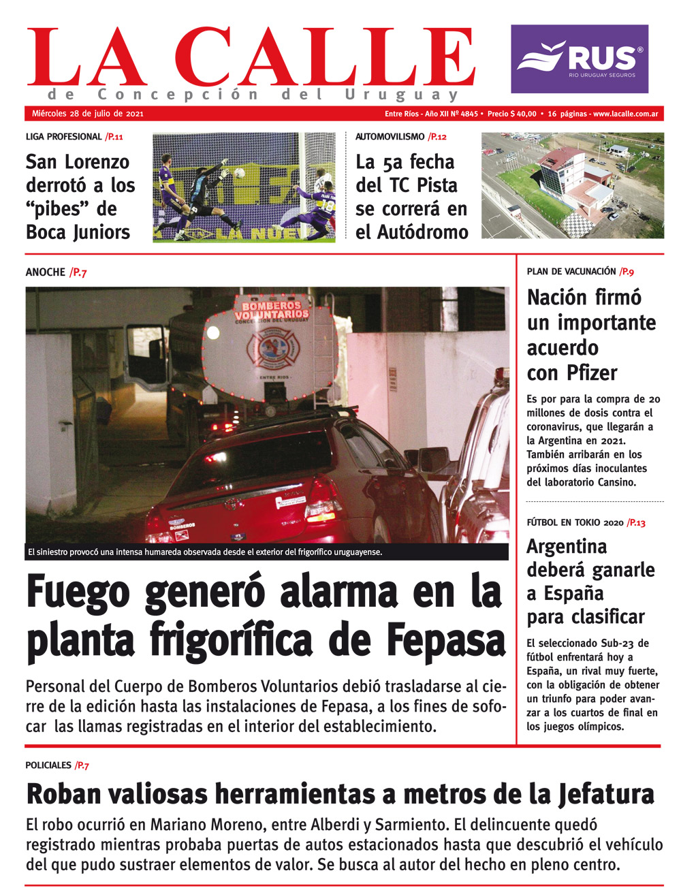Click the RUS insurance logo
pos(580,59)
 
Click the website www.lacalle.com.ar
pos(625,114)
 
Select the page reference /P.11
pos(114,137)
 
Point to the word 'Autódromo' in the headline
pos(422,232)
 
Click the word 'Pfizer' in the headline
pos(591,372)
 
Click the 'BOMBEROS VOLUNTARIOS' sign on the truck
pos(272,311)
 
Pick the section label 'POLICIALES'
pos(48,765)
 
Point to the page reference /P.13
pos(636,522)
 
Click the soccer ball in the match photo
pos(239,173)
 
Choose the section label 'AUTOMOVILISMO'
pos(390,137)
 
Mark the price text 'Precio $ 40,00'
pos(512,114)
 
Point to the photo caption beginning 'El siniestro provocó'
pos(204,552)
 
